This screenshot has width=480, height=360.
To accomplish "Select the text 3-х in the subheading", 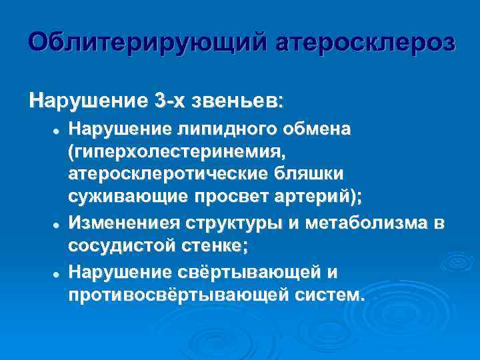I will tap(171, 102).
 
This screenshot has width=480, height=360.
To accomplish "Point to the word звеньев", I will tap(237, 102).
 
